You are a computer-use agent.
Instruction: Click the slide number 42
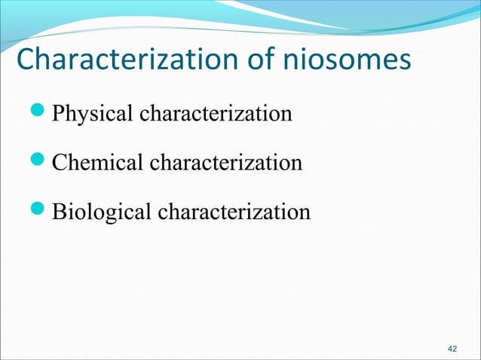pyautogui.click(x=452, y=349)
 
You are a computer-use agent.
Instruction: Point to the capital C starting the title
pyautogui.click(x=26, y=61)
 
